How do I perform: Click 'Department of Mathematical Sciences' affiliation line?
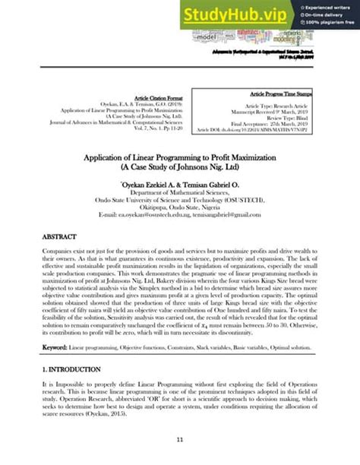[179, 193]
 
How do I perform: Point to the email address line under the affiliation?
[179, 215]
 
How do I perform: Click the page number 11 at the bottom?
[179, 439]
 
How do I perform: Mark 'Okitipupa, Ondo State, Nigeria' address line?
[179, 207]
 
